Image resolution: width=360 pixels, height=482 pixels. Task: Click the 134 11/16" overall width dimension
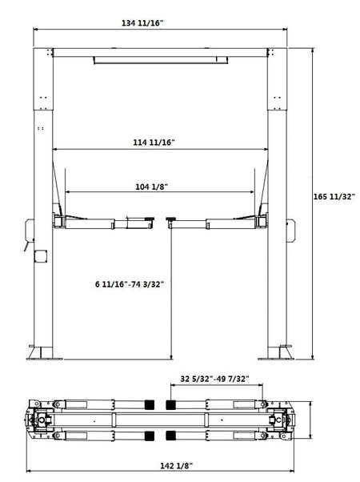(x=142, y=23)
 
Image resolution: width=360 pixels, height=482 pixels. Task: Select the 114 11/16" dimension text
(x=154, y=142)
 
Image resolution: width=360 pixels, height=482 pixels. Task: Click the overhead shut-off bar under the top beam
(x=157, y=58)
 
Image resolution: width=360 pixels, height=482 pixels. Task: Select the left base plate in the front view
(x=37, y=353)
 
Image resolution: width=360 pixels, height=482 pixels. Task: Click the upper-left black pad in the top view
(x=148, y=404)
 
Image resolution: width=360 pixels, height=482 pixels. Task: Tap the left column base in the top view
(x=38, y=420)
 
